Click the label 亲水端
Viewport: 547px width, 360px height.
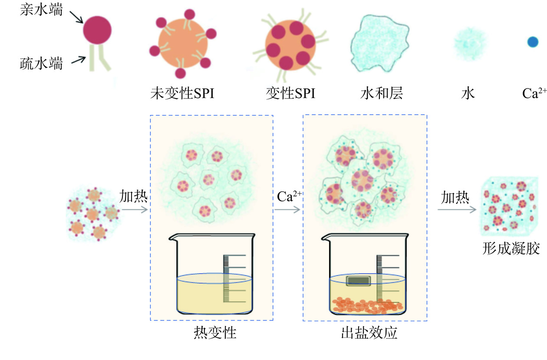41,10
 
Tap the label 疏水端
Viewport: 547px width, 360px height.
41,64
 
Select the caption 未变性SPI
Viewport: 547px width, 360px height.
182,93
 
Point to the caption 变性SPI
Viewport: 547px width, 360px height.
290,93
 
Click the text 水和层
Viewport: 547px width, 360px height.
382,93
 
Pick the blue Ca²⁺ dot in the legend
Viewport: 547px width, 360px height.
533,42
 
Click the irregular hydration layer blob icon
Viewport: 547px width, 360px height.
380,43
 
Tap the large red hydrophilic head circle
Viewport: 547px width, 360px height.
97,30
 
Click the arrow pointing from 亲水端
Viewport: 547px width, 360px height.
76,17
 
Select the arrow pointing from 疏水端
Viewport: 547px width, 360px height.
79,60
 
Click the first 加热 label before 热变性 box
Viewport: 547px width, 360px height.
133,196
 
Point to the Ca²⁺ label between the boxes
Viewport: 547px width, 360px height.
289,196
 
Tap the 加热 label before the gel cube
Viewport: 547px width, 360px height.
455,197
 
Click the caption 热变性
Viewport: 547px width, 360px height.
215,333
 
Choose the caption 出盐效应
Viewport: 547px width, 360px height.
369,333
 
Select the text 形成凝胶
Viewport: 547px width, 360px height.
511,249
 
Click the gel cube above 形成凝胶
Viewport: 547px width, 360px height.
510,206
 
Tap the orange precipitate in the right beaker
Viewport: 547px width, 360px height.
366,305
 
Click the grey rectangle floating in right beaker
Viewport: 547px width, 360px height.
358,281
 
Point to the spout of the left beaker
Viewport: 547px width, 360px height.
172,238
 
